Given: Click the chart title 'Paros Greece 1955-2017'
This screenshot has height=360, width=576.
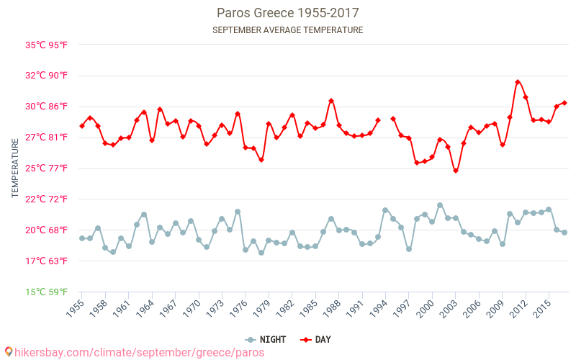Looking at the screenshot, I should tap(288, 13).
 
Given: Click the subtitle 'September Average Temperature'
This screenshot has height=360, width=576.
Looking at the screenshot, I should tap(288, 30).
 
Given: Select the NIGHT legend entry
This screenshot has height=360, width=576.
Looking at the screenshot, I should tap(270, 340).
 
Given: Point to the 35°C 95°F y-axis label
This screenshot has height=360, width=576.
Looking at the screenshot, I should tap(47, 45).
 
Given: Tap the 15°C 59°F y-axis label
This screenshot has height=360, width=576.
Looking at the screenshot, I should tap(47, 292).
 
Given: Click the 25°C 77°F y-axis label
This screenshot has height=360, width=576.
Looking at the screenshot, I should tap(47, 168).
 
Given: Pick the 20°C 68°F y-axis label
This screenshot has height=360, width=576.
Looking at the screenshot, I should tap(47, 230).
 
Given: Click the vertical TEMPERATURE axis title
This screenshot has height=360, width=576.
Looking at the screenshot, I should tap(15, 168).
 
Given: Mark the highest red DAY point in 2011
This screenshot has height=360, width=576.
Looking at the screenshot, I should tap(518, 82).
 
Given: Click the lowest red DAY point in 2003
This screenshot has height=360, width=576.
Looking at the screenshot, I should tap(456, 171).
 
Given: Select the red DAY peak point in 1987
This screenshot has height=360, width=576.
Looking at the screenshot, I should tap(331, 101).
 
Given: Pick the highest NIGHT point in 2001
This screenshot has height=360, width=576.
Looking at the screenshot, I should tap(440, 205).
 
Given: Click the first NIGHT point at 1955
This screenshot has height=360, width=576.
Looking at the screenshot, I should tap(82, 238).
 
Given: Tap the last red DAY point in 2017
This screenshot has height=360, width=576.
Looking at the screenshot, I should tap(564, 103).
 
